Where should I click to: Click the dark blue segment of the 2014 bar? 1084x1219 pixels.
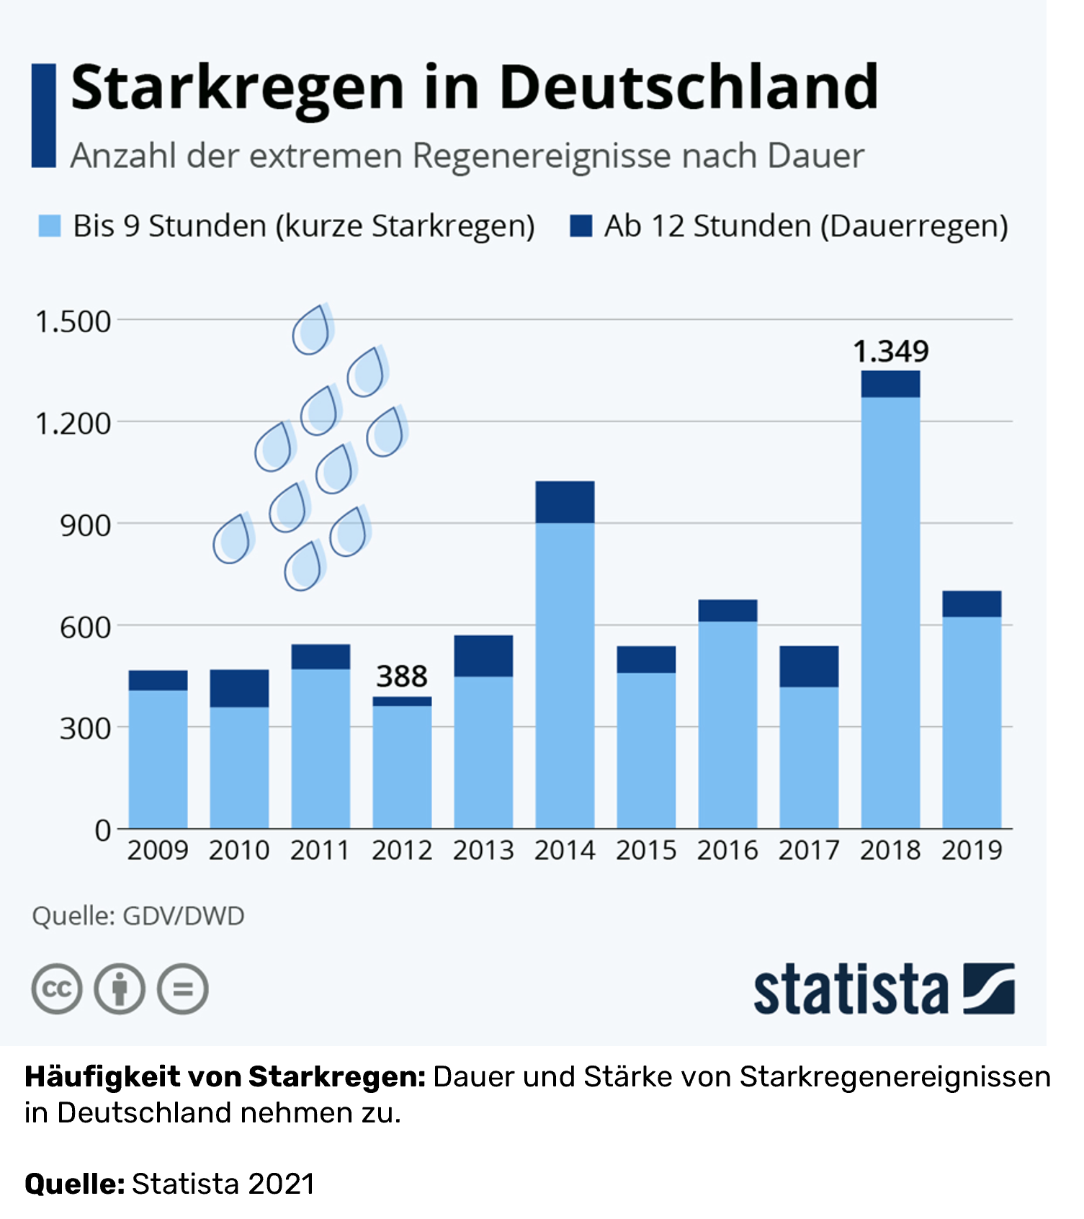pos(565,501)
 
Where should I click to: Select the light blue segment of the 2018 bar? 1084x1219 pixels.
pos(890,612)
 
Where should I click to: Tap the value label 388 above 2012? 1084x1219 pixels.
pos(402,677)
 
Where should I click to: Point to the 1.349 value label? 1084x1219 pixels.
pos(891,352)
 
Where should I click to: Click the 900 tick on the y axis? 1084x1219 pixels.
pos(85,525)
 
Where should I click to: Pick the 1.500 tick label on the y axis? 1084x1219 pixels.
pos(73,321)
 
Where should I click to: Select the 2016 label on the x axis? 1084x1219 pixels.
pos(727,850)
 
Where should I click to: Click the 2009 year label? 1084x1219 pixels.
pos(158,850)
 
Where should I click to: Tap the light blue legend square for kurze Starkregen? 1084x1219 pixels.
pos(50,226)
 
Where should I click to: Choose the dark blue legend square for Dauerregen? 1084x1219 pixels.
pos(581,226)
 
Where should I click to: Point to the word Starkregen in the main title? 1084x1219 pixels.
pos(238,87)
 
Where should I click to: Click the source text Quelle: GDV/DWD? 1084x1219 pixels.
pos(138,916)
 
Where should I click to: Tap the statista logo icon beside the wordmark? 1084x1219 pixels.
pos(989,988)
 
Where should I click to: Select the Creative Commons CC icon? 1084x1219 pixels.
pos(57,988)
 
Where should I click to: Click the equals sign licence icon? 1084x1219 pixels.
pos(183,988)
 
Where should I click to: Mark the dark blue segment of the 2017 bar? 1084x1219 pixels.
pos(809,666)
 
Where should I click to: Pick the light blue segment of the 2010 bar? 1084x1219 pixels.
pos(239,767)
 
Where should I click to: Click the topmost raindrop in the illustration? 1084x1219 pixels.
pos(312,330)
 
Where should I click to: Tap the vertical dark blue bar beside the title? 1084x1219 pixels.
pos(44,115)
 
